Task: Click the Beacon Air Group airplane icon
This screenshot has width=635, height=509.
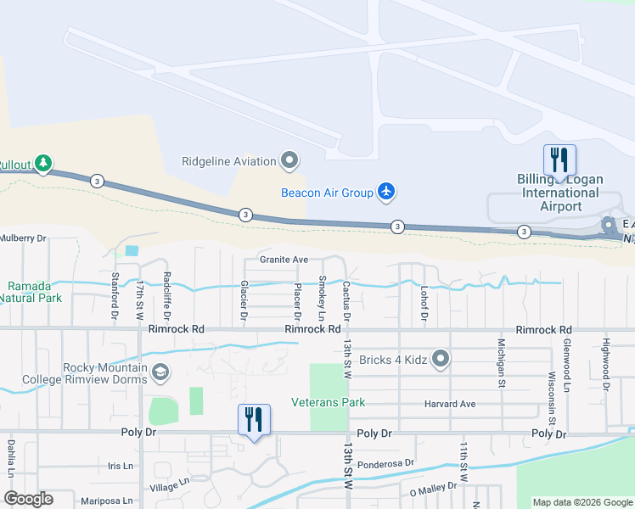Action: tap(387, 193)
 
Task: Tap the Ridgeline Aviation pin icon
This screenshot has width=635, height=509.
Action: tap(290, 160)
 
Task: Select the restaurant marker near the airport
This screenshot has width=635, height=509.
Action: tap(559, 159)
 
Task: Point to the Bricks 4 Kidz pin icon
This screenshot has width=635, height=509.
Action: tap(441, 359)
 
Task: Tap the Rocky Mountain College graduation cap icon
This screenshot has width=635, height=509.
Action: tap(160, 372)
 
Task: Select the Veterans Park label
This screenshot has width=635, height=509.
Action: tap(322, 402)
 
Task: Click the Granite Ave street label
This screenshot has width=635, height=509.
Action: tap(284, 260)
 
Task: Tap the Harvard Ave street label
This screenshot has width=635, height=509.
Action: tap(450, 404)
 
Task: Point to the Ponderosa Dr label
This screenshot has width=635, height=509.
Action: tap(385, 463)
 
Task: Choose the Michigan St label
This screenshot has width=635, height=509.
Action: tap(502, 362)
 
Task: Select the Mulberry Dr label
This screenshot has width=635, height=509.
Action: tap(22, 238)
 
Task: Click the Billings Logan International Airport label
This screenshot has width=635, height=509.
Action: tap(560, 193)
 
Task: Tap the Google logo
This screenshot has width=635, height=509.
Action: tap(29, 499)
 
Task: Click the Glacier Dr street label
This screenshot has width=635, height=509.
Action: tap(244, 299)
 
